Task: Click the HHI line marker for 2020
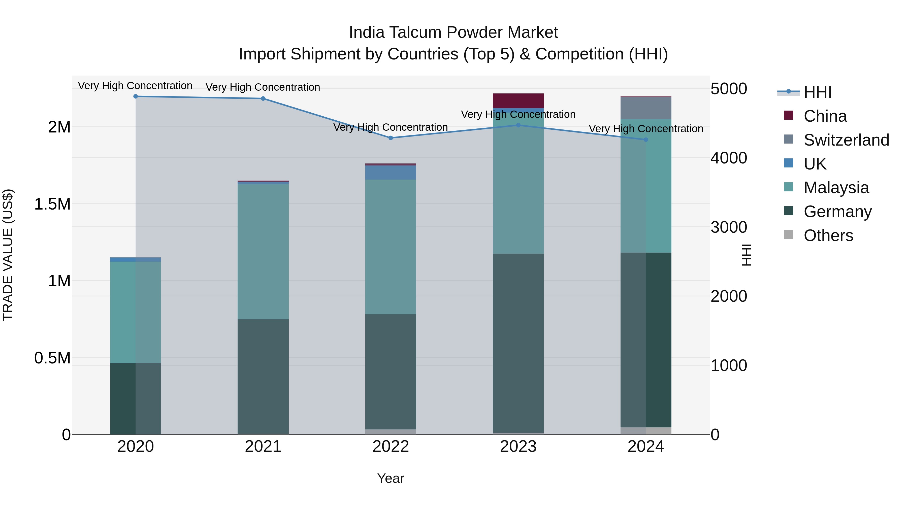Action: (136, 96)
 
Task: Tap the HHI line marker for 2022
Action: (391, 138)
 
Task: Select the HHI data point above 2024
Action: (646, 140)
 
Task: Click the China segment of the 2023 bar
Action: (518, 101)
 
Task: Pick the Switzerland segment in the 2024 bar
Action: (646, 108)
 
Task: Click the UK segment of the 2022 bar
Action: (391, 173)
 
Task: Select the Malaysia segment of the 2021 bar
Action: (263, 252)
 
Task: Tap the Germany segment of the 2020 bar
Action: (136, 398)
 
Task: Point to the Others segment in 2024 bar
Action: (646, 431)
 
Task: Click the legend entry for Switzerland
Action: (846, 140)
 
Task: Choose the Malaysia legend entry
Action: (836, 188)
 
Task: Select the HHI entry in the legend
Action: (817, 92)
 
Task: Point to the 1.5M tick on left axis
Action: (52, 204)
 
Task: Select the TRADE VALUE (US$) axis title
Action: (8, 255)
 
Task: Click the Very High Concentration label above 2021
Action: (263, 87)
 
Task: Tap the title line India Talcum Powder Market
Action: (453, 32)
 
